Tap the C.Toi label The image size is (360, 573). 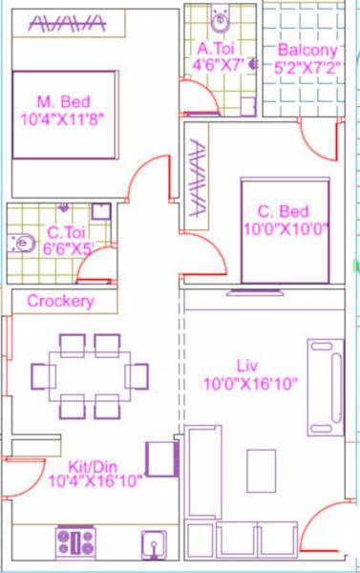pyautogui.click(x=68, y=231)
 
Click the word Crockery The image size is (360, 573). pyautogui.click(x=60, y=302)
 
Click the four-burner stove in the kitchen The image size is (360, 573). pyautogui.click(x=75, y=542)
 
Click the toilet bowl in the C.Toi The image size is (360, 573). pyautogui.click(x=20, y=244)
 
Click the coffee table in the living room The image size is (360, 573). pyautogui.click(x=261, y=470)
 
